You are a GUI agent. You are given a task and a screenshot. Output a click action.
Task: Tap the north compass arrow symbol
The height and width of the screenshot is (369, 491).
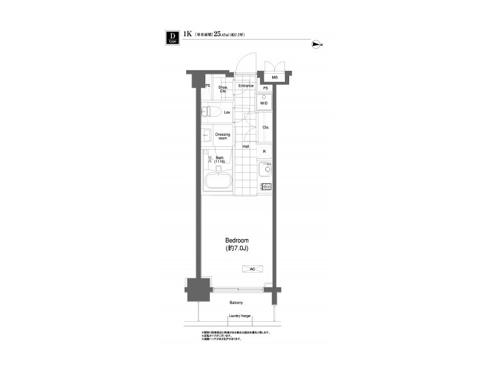tap(316, 45)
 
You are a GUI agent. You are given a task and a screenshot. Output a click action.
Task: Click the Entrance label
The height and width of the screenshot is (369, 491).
tap(246, 86)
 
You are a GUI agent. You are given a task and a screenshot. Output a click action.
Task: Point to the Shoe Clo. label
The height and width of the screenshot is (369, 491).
tap(223, 89)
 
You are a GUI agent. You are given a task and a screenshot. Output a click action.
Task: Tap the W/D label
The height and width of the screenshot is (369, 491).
tap(264, 103)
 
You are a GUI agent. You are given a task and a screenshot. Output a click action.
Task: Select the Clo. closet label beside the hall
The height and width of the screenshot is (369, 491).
tap(265, 128)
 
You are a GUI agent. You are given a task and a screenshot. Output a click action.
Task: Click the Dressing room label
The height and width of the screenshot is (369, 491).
tap(222, 136)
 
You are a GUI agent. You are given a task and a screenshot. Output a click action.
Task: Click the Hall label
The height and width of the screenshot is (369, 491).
tap(245, 146)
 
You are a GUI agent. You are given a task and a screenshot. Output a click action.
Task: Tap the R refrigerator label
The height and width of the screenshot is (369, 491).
tap(264, 152)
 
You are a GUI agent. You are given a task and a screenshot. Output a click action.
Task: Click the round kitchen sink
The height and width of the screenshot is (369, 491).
tap(263, 169)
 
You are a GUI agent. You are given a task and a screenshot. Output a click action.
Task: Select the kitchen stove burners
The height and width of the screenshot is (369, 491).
tap(265, 187)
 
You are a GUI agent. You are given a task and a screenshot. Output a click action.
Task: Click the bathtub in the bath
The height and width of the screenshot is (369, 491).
tap(218, 182)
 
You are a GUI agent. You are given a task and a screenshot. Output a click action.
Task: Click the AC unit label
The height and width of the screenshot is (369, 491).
tap(252, 269)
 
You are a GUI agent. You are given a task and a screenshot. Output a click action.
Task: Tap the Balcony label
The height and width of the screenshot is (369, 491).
tap(236, 302)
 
